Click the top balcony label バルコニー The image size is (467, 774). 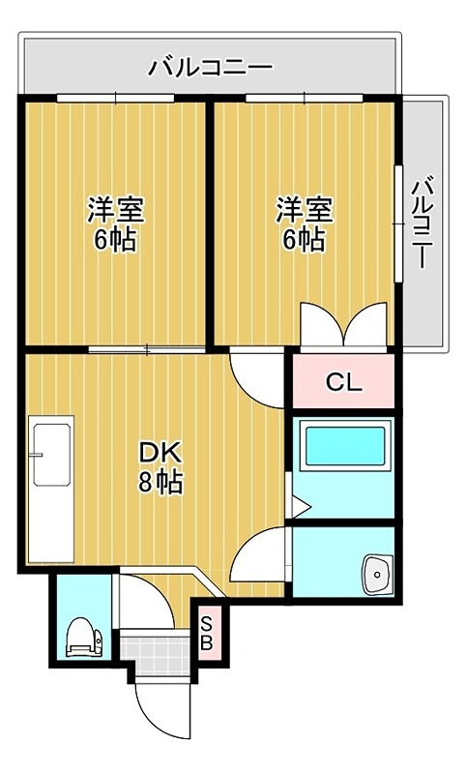211,68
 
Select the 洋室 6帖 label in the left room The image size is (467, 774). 115,223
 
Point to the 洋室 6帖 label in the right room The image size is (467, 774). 305,223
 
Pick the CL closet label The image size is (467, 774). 343,382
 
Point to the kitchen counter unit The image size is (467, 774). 52,489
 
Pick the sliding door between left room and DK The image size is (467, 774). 146,348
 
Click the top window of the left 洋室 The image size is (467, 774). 115,97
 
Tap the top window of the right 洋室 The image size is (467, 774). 305,97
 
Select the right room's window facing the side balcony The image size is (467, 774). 397,223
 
